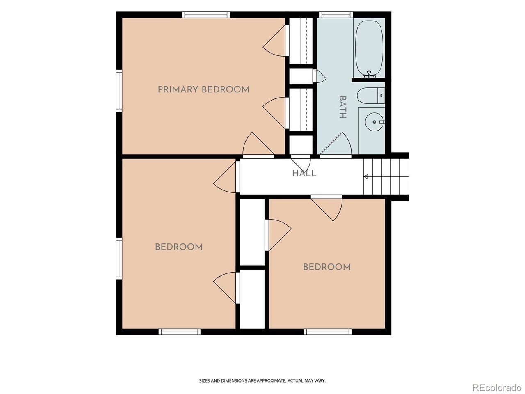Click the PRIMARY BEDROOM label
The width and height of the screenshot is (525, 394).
203,89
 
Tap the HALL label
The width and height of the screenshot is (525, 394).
304,173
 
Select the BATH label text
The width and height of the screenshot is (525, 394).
343,108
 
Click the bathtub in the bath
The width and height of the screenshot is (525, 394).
369,48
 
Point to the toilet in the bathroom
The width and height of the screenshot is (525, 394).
371,96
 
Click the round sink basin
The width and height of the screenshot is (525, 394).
374,122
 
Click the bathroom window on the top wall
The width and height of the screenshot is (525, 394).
336,15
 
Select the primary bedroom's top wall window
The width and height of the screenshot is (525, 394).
206,15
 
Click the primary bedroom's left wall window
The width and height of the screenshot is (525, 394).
119,91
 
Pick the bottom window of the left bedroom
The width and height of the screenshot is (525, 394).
180,332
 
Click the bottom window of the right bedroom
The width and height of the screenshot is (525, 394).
328,332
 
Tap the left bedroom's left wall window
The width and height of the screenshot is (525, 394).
119,259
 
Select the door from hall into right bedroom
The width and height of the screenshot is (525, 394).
327,208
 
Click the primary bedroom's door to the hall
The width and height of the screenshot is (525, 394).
258,145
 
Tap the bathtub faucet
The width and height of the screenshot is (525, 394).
369,74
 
